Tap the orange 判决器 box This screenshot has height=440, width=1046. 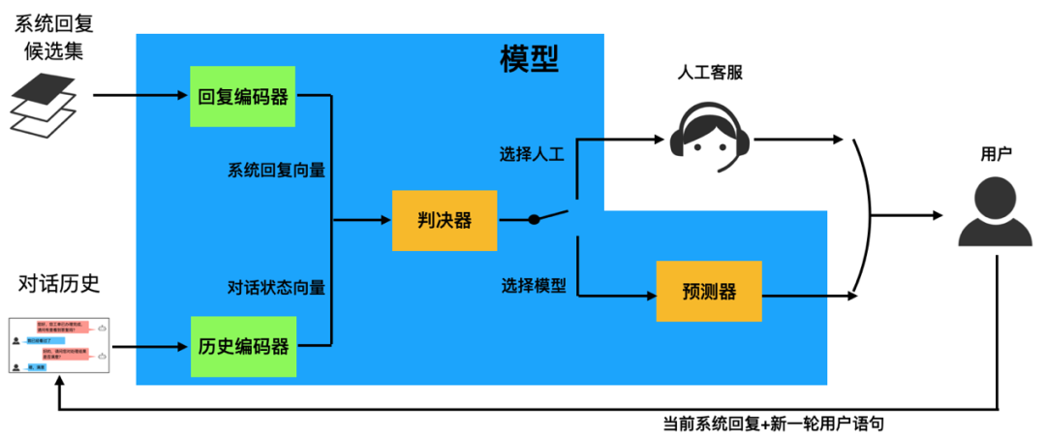(445, 220)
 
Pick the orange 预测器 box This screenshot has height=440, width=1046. (709, 292)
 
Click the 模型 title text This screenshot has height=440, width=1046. (529, 59)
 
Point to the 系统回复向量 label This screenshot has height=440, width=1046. (276, 170)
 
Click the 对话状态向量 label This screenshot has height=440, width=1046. (276, 287)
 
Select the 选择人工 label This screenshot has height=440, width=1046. (532, 154)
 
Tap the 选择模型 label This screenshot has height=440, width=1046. (534, 286)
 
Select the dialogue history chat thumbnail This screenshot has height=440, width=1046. (59, 346)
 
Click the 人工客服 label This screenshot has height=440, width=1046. (711, 74)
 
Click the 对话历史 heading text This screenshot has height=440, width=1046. (59, 284)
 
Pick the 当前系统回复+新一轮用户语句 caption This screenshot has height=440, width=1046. (773, 424)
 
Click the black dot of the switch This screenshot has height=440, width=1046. (534, 220)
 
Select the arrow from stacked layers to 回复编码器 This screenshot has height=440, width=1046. (140, 96)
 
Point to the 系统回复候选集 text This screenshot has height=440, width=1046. (48, 36)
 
